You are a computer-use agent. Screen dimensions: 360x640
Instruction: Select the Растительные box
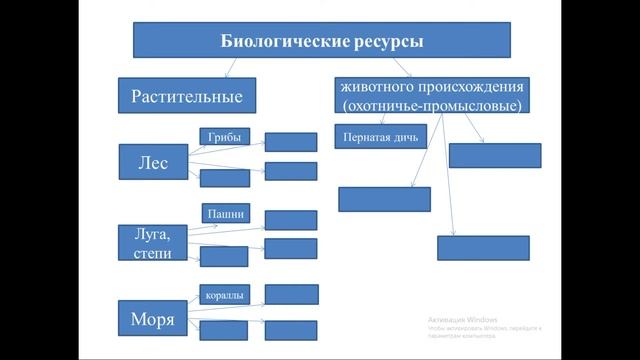(x=187, y=96)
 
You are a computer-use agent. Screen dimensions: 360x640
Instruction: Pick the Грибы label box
(x=224, y=137)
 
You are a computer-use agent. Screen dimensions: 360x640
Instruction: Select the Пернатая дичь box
(x=381, y=136)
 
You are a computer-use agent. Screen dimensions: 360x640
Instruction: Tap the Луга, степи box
(x=152, y=243)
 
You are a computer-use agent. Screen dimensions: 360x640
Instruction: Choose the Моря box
(x=152, y=320)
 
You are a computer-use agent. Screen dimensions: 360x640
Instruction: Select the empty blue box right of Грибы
(x=291, y=142)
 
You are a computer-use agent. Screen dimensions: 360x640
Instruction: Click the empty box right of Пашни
(x=291, y=219)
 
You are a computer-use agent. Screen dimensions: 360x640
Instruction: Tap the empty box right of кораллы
(x=291, y=294)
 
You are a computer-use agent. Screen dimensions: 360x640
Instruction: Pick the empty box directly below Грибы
(x=224, y=178)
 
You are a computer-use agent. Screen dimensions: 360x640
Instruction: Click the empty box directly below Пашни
(x=224, y=256)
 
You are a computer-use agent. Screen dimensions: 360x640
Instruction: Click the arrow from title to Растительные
(x=231, y=67)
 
